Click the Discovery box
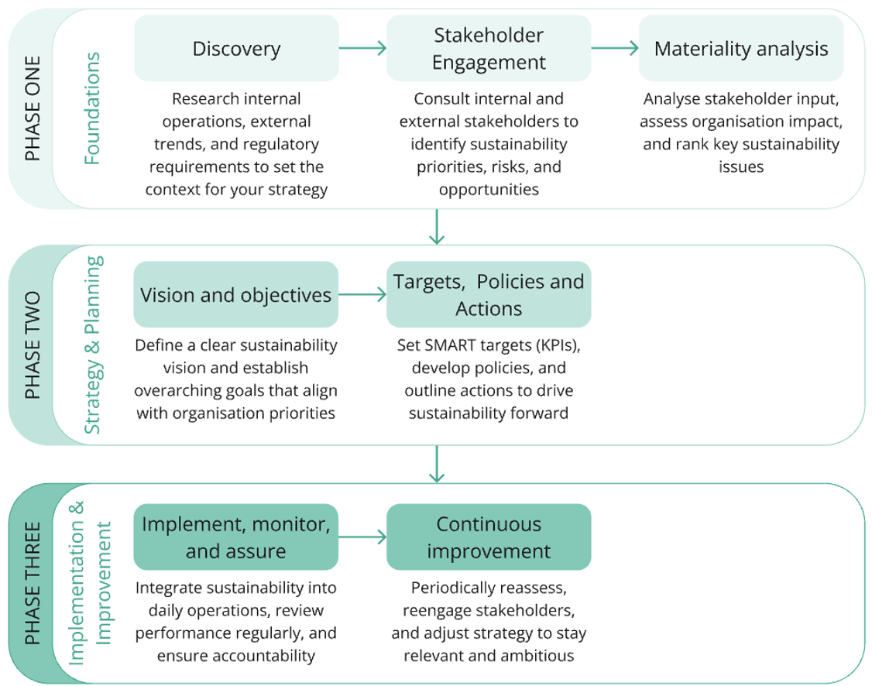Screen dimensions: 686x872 coord(236,49)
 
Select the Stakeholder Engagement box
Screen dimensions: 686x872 coord(489,49)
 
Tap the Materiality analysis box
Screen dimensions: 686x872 coord(741,49)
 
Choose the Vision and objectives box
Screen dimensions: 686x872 coord(236,294)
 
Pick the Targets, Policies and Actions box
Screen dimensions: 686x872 coord(489,294)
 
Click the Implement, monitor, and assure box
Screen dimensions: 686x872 coord(236,537)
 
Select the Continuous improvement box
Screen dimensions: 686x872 coord(489,537)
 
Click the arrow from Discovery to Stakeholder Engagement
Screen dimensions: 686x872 coord(362,49)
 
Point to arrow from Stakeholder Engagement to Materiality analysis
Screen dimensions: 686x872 coord(615,49)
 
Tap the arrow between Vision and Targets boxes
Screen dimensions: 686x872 coord(362,294)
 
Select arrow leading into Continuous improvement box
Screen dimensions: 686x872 coord(362,537)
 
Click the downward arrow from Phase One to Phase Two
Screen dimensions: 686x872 coord(438,226)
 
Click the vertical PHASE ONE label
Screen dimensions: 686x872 coord(32,108)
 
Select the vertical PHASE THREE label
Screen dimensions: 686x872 coord(32,583)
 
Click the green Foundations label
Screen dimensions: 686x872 coord(92,108)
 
